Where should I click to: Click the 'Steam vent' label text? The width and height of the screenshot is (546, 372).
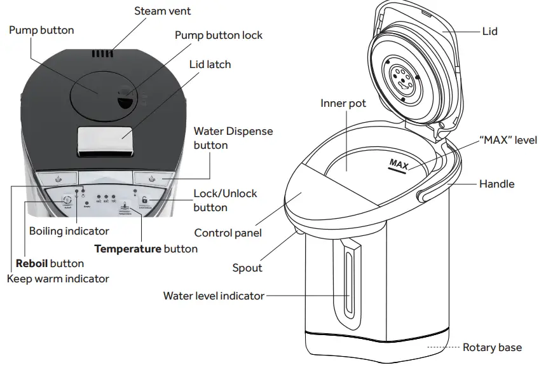click(x=162, y=11)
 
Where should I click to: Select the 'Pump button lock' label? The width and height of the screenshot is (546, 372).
click(x=218, y=35)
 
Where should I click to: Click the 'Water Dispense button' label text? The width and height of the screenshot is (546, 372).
click(x=233, y=138)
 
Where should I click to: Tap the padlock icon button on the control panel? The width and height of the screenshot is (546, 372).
click(x=145, y=199)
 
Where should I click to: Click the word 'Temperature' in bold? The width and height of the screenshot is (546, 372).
click(x=127, y=249)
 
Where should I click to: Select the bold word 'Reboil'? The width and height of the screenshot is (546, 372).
click(x=32, y=263)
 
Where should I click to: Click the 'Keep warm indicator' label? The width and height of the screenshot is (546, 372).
click(x=58, y=279)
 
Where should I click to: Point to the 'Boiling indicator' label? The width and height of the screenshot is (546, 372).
click(x=69, y=231)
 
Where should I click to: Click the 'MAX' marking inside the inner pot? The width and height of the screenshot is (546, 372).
click(x=399, y=165)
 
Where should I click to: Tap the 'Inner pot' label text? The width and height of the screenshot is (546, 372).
click(x=343, y=103)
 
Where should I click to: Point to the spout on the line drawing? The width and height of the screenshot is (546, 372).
click(x=296, y=236)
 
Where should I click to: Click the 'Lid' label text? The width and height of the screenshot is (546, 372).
click(x=489, y=31)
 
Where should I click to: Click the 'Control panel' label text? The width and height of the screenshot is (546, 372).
click(x=228, y=233)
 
